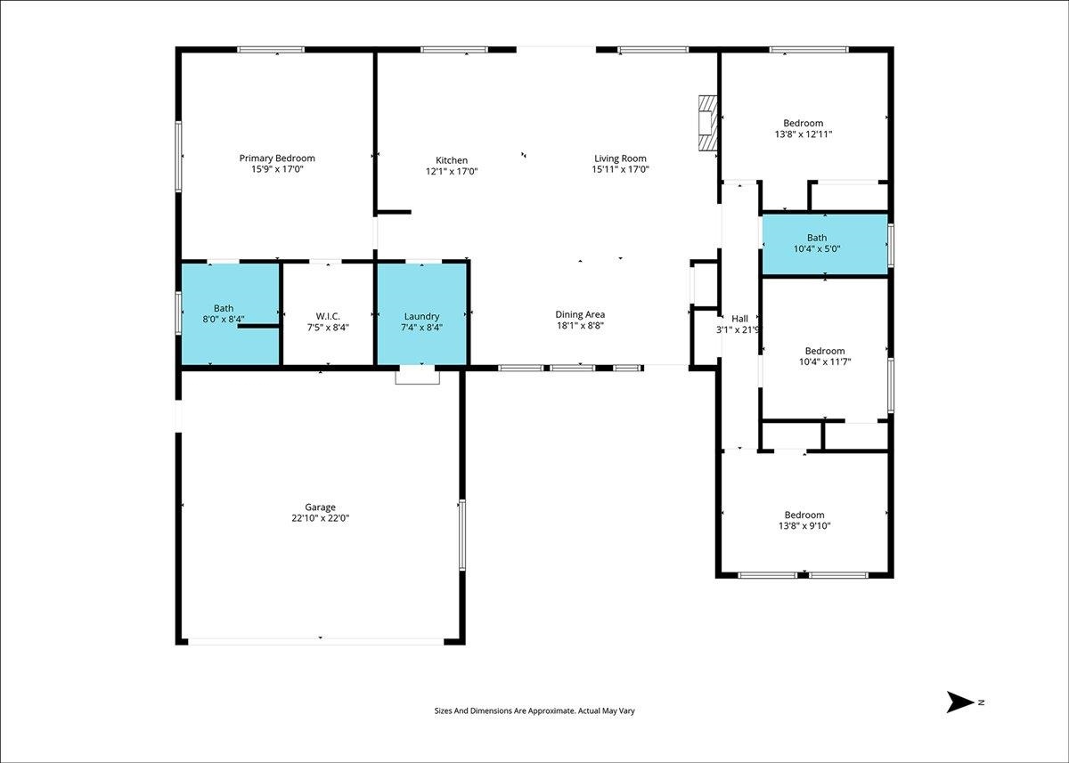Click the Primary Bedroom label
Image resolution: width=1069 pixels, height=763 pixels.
click(277, 158)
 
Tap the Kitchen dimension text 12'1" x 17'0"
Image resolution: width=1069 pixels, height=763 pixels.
click(452, 171)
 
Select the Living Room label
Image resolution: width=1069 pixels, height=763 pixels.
click(620, 158)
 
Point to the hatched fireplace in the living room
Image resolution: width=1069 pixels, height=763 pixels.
click(707, 123)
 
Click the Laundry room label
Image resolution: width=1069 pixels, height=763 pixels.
click(421, 316)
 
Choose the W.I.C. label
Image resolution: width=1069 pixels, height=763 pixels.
click(328, 316)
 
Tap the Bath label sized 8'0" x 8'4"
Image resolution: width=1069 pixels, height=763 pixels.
click(224, 309)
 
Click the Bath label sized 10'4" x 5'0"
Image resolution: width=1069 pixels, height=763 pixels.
click(817, 238)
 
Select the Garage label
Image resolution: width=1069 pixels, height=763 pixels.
click(320, 507)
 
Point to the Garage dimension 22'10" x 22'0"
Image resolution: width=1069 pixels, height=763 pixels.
click(320, 518)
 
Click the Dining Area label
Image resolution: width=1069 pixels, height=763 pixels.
click(580, 315)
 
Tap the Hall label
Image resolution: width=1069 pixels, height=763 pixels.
click(739, 319)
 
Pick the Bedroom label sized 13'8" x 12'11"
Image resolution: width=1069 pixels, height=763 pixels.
click(804, 123)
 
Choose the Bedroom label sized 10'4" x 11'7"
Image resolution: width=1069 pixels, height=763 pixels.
click(825, 351)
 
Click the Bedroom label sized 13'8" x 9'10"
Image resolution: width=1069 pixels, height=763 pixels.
click(804, 515)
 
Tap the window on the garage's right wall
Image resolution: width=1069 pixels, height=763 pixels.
click(462, 535)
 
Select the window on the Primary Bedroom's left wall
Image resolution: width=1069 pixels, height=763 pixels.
click(178, 157)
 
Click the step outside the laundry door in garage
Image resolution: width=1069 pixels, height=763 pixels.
click(417, 377)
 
